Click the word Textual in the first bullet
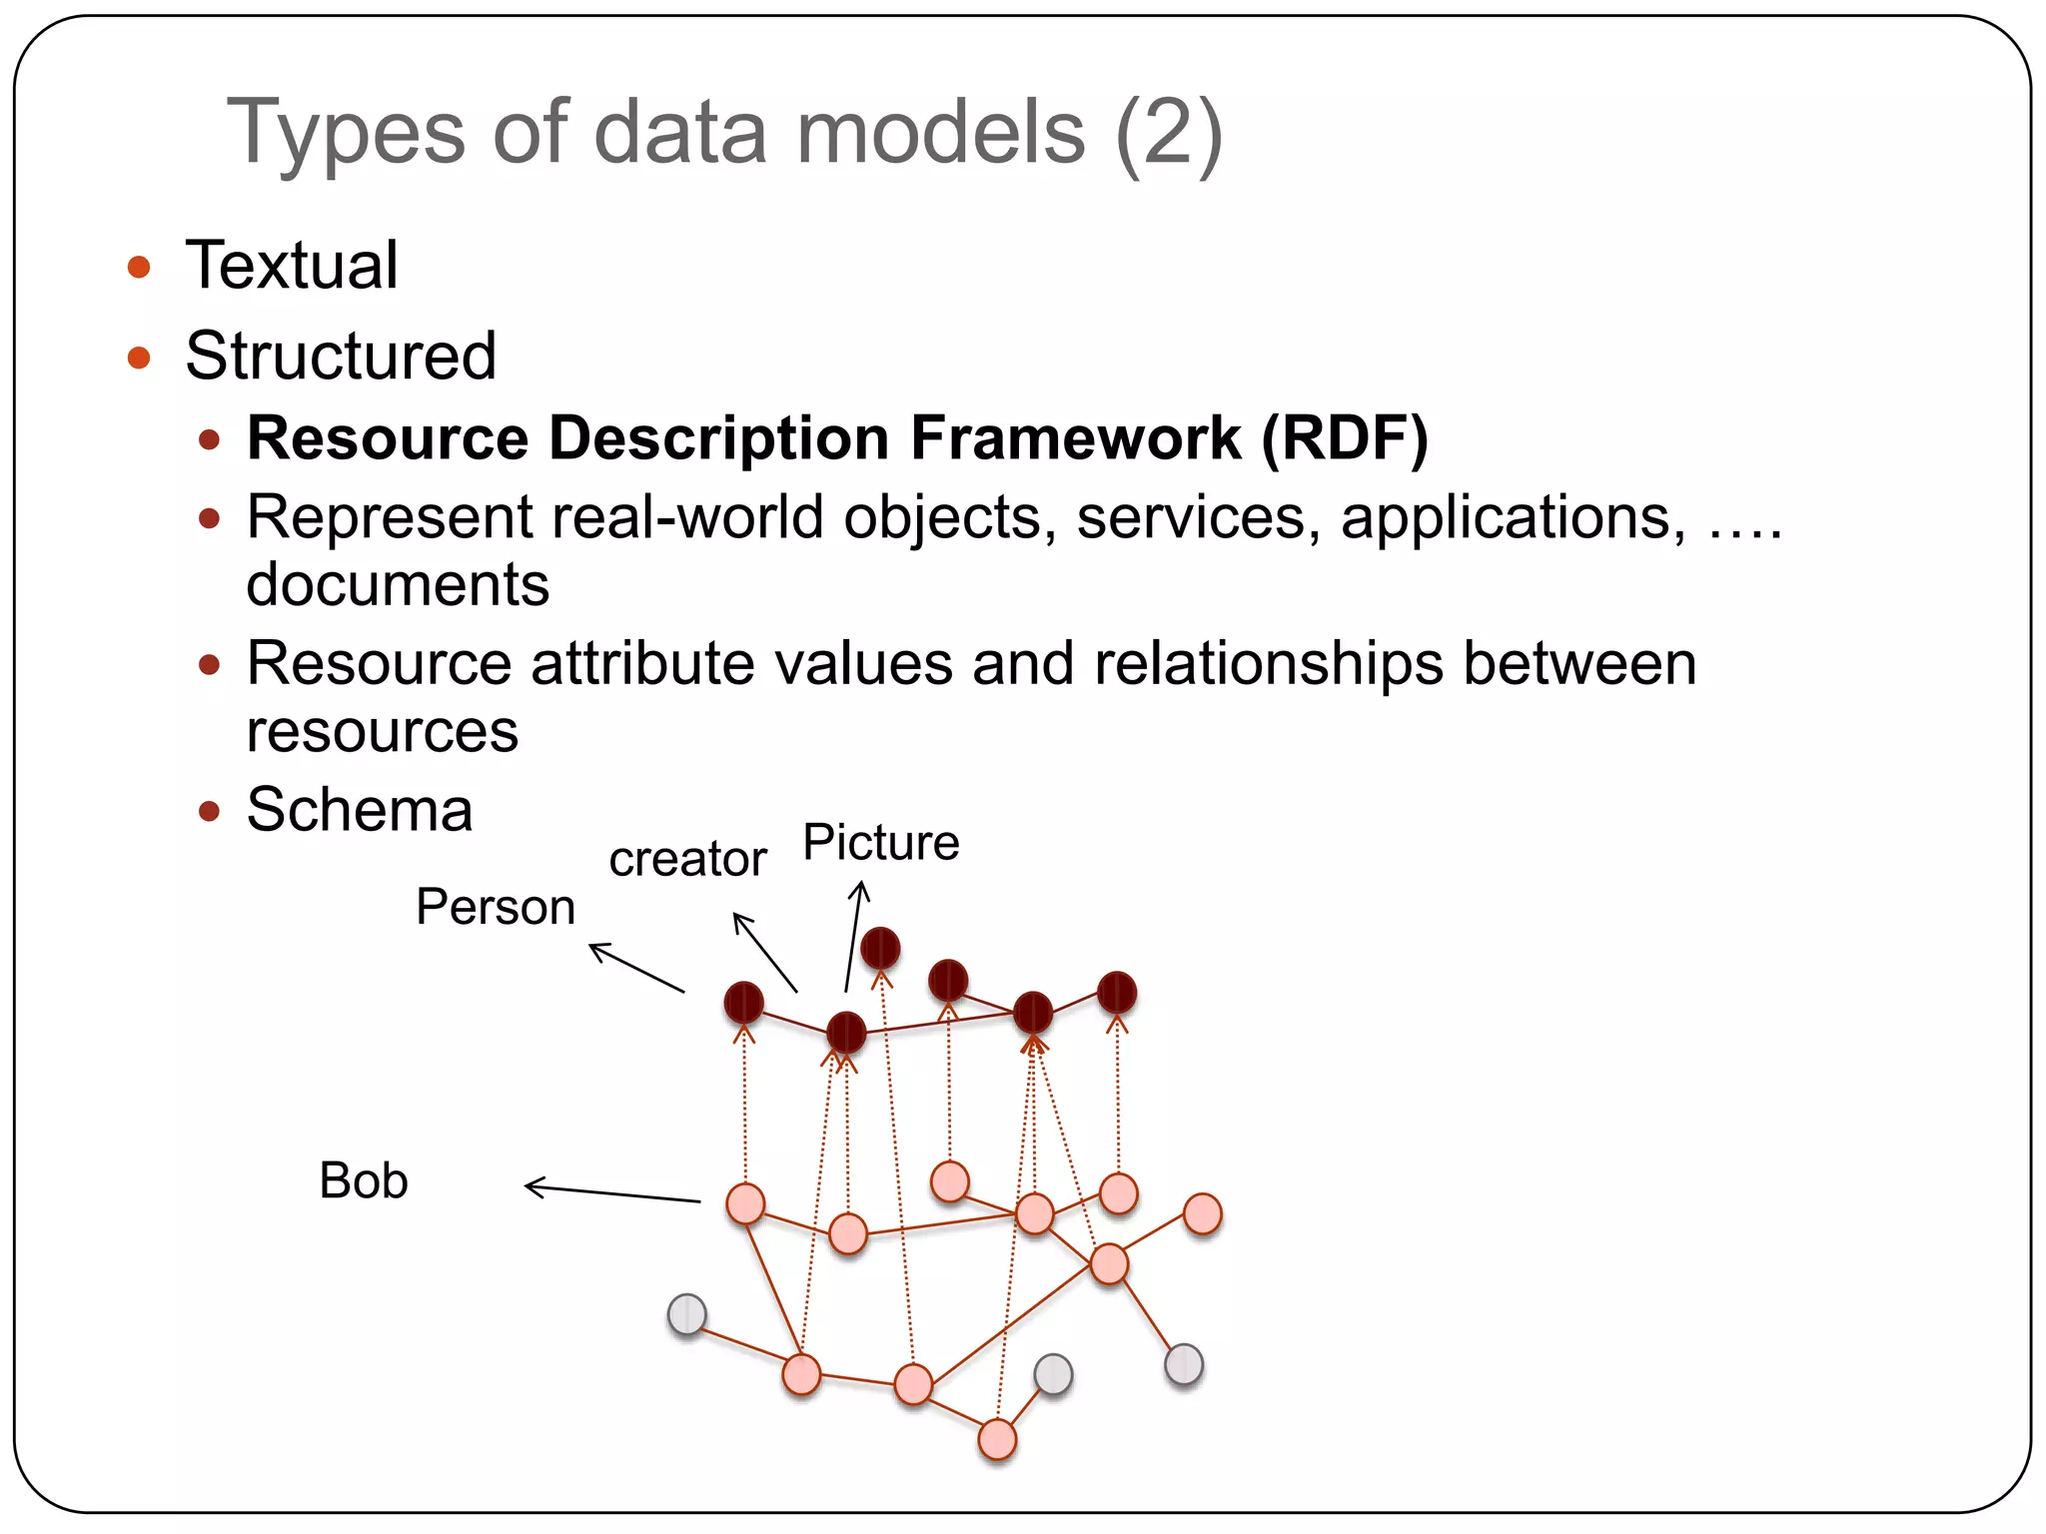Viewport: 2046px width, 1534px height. (x=292, y=266)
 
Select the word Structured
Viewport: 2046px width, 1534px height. (x=341, y=356)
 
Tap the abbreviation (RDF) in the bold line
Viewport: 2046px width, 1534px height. (x=1344, y=438)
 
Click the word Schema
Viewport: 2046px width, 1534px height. (x=360, y=809)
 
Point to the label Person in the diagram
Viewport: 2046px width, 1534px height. (x=496, y=907)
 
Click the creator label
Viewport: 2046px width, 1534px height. (x=687, y=859)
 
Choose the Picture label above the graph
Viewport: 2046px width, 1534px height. (x=880, y=842)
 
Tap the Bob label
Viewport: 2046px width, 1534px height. (x=364, y=1180)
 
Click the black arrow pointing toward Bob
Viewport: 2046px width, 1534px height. (x=611, y=1192)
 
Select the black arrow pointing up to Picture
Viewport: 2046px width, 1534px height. (x=854, y=935)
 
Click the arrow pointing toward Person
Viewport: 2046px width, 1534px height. (x=636, y=967)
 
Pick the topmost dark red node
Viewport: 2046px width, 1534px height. (x=880, y=948)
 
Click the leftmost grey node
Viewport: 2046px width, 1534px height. (x=687, y=1314)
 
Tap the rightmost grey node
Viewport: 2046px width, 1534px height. (x=1184, y=1364)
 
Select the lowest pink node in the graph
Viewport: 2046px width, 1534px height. (x=997, y=1439)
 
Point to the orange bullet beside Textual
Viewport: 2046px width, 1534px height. (x=139, y=267)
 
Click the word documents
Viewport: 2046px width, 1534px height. (x=398, y=584)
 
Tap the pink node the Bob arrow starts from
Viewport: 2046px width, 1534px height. (x=745, y=1203)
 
